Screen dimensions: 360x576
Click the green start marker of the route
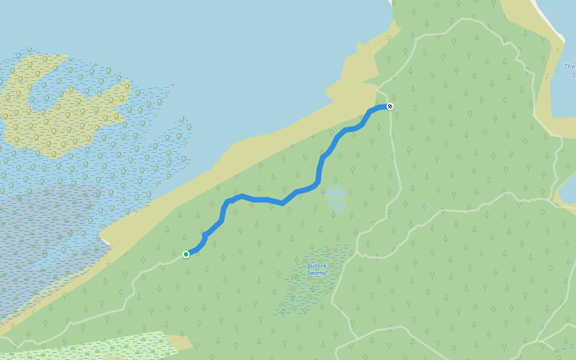pyautogui.click(x=186, y=254)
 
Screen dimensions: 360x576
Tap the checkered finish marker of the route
pyautogui.click(x=390, y=106)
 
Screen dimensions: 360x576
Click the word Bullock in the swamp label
pyautogui.click(x=317, y=266)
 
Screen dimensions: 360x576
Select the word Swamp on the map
pyautogui.click(x=317, y=273)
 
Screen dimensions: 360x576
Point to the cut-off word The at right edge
pyautogui.click(x=570, y=67)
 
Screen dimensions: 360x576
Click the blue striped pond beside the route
pyautogui.click(x=335, y=199)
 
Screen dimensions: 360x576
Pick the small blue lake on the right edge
pyautogui.click(x=567, y=192)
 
